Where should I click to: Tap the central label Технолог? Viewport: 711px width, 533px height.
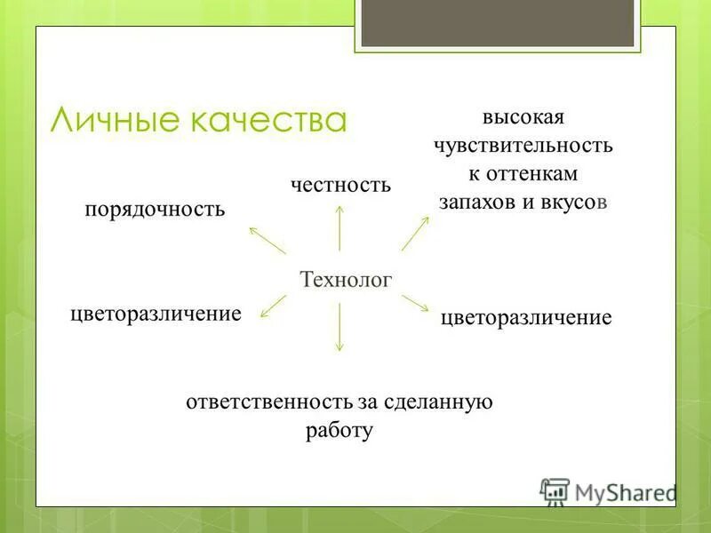point(346,279)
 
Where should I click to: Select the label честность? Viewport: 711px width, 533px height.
point(341,185)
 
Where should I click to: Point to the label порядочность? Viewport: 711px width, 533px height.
point(155,210)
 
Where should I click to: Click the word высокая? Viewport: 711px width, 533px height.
point(523,117)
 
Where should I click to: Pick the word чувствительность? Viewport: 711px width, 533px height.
point(523,145)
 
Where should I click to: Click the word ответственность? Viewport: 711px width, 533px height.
point(270,402)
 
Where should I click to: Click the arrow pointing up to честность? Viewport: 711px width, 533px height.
point(340,227)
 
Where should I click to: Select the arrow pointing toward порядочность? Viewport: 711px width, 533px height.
point(267,240)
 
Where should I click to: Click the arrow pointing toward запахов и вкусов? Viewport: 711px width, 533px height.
point(415,233)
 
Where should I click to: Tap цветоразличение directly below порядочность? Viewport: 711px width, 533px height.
point(156,314)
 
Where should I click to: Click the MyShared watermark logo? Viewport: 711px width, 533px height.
point(609,491)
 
